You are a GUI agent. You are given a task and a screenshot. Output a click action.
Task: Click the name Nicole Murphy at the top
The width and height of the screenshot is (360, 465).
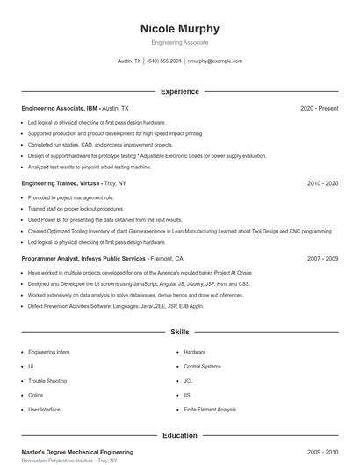pos(179,28)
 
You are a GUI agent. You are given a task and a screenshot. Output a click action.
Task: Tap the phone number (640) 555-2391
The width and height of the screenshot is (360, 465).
pos(164,61)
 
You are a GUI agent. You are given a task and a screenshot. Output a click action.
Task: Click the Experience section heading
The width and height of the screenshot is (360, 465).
pos(179,91)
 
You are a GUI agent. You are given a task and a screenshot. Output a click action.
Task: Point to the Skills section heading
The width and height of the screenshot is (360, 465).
pos(179,333)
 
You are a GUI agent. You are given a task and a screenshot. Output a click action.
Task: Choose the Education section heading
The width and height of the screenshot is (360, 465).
pos(179,435)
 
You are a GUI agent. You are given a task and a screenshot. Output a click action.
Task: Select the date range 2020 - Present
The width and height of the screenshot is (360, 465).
pos(319,108)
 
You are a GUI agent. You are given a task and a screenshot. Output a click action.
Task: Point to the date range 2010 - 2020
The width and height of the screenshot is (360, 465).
pos(322,184)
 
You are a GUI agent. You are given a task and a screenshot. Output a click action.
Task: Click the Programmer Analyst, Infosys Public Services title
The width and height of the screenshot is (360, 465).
pos(84,260)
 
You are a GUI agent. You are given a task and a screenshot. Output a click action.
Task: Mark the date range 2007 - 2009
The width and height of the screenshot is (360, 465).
pos(322,260)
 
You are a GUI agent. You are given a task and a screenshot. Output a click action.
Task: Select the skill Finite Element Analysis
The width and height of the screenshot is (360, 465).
pos(210,410)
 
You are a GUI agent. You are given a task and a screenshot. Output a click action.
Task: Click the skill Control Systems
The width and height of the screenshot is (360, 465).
pos(200,366)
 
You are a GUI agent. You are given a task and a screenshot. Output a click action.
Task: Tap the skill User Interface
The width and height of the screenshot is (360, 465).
pos(44,410)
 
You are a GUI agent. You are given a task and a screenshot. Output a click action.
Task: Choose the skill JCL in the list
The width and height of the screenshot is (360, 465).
pos(188,381)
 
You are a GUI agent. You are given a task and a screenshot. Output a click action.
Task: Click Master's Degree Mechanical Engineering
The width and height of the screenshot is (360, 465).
pos(77,452)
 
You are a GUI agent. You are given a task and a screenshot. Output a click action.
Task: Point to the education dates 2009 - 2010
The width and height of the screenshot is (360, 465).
pos(322,452)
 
